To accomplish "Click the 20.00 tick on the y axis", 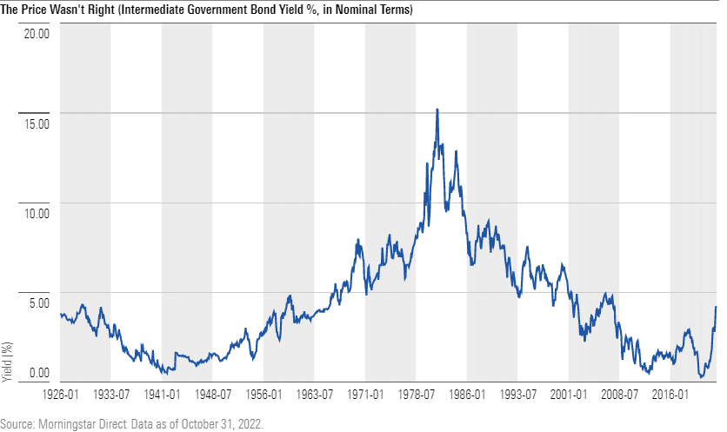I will (37, 34).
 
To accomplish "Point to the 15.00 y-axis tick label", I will (37, 123).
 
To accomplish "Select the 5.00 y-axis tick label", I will (39, 303).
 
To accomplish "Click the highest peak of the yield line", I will (437, 110).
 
